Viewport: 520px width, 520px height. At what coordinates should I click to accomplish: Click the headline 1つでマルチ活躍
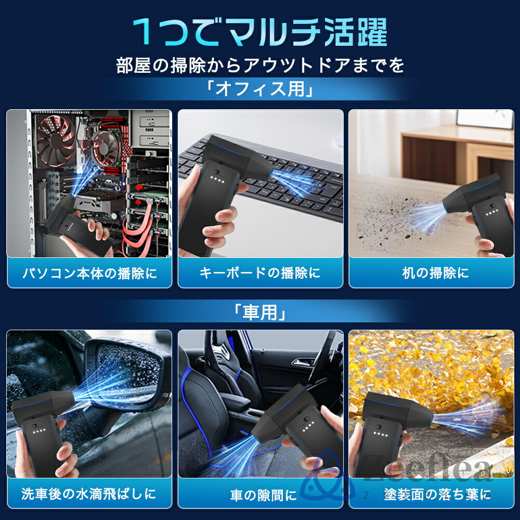click(x=259, y=32)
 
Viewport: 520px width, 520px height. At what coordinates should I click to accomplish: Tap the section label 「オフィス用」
click(x=259, y=89)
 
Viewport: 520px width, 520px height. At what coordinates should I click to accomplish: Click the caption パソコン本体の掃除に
click(x=89, y=274)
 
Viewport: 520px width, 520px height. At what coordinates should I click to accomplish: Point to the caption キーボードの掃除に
click(x=261, y=273)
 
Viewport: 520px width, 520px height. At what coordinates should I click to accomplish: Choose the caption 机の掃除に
click(x=436, y=273)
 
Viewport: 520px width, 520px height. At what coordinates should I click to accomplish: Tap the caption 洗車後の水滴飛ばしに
click(x=89, y=494)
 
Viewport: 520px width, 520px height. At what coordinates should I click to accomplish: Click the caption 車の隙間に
click(x=264, y=495)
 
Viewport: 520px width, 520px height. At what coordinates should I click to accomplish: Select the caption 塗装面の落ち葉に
click(x=437, y=495)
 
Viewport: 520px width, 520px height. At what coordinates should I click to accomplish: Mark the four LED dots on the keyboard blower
click(x=218, y=180)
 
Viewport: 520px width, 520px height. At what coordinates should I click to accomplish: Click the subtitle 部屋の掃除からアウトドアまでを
click(x=261, y=65)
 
